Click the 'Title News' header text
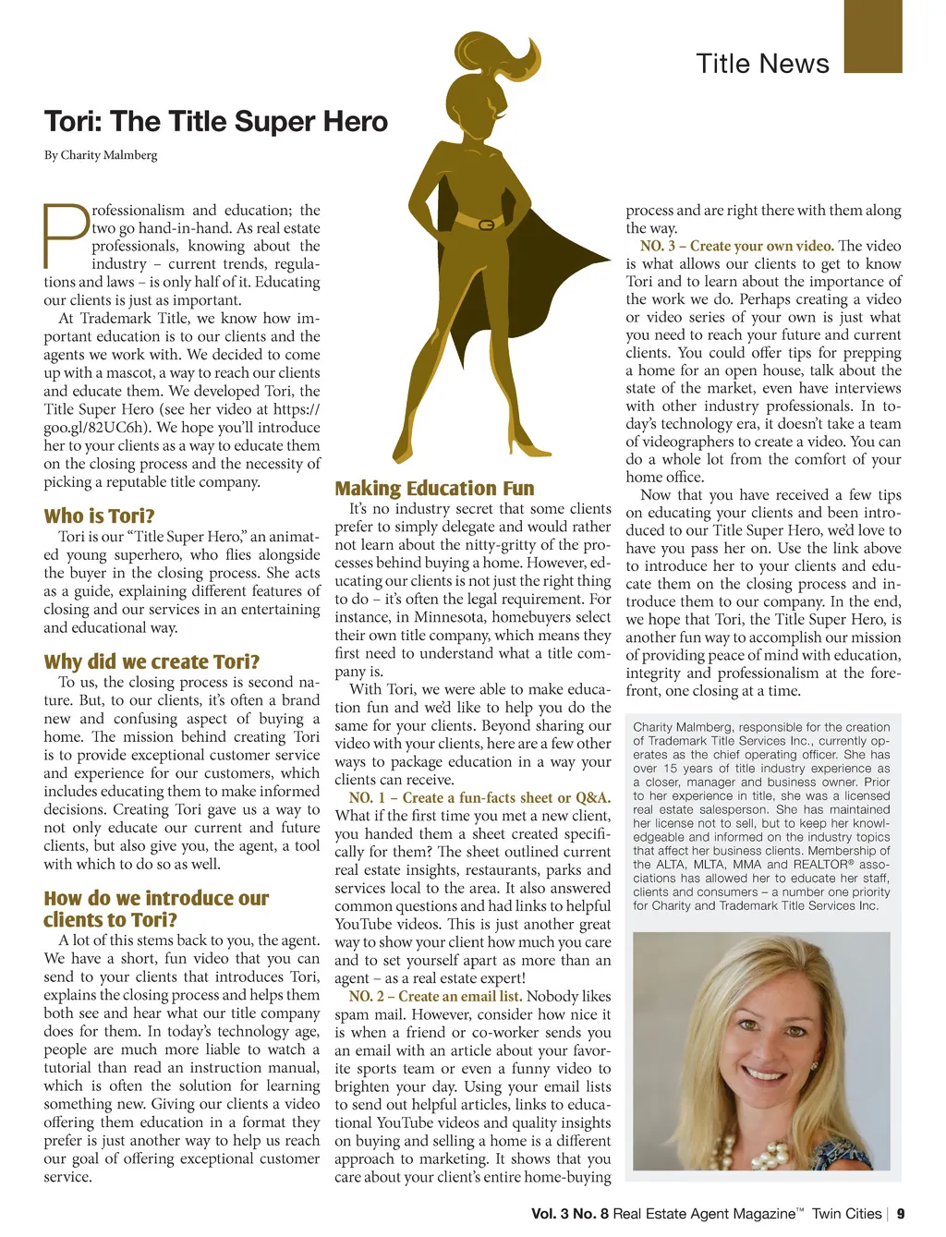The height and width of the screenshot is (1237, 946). click(x=762, y=64)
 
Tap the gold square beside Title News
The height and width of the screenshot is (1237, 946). click(x=872, y=37)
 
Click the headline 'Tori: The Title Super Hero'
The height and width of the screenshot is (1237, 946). click(x=216, y=122)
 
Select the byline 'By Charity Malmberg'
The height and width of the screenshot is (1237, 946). click(x=101, y=155)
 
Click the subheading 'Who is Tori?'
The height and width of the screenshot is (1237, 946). click(x=99, y=515)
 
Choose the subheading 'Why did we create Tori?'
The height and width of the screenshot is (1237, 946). click(x=152, y=661)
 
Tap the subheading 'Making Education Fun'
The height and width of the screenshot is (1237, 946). click(x=434, y=488)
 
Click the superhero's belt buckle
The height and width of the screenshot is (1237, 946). click(x=487, y=224)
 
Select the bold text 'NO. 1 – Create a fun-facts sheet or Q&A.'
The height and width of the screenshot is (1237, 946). click(x=479, y=797)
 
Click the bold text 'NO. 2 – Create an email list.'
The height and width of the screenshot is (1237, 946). click(x=435, y=996)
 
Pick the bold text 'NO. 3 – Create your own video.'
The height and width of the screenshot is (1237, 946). click(x=736, y=246)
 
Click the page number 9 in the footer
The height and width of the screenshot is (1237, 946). click(x=901, y=1214)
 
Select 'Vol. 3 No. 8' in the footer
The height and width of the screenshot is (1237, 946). click(x=570, y=1214)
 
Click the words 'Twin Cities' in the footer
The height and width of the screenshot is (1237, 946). click(x=846, y=1214)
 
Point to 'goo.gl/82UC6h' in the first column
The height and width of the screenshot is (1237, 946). click(x=97, y=427)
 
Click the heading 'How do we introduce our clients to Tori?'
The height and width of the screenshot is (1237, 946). click(x=155, y=908)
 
